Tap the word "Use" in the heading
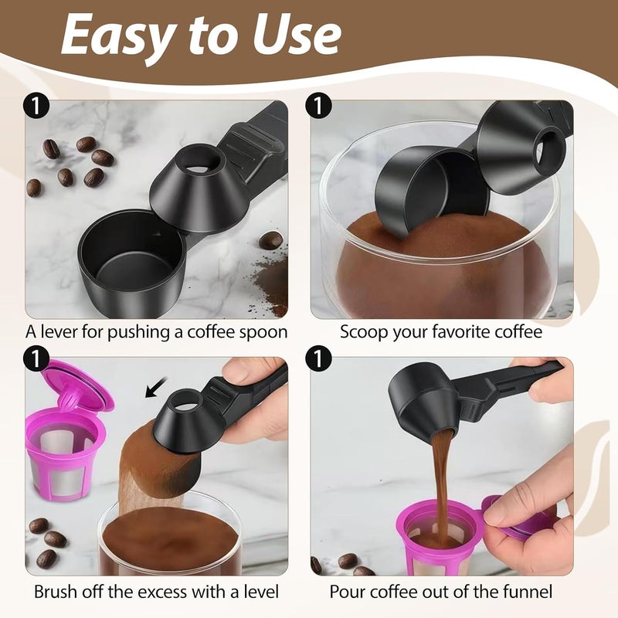click(x=297, y=35)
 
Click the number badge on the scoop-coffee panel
click(x=318, y=105)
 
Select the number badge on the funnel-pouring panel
click(x=318, y=358)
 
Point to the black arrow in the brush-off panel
click(x=156, y=388)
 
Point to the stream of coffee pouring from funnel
click(x=441, y=480)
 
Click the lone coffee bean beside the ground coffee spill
click(x=271, y=240)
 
